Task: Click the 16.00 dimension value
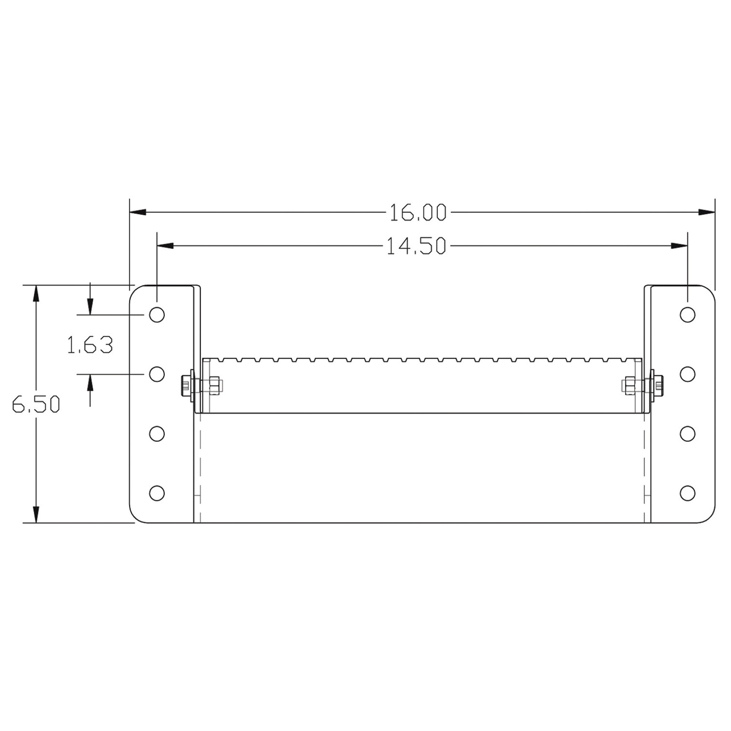[x=418, y=213]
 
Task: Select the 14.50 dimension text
[x=416, y=246]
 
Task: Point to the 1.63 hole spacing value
[x=90, y=345]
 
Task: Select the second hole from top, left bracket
[x=157, y=374]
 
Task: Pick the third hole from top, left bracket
[x=157, y=433]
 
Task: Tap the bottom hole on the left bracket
[x=157, y=493]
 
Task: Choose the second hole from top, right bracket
[x=688, y=374]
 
